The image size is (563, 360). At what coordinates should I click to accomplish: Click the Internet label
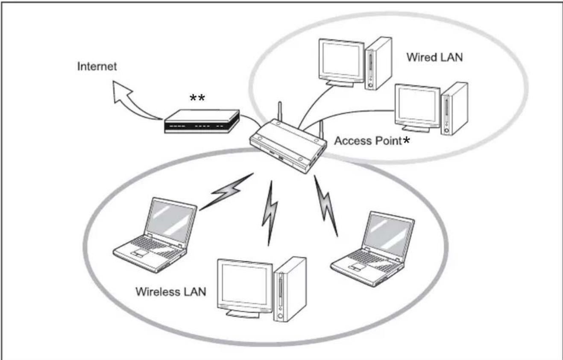[97, 67]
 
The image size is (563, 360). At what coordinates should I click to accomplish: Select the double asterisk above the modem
[197, 99]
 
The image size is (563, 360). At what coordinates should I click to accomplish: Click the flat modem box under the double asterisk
[201, 122]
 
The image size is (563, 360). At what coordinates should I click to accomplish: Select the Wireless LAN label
[170, 292]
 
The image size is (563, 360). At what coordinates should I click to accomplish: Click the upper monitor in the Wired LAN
[341, 62]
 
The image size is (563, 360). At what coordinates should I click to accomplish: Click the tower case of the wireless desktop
[290, 289]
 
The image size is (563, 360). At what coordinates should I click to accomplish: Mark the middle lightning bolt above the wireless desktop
[270, 211]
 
